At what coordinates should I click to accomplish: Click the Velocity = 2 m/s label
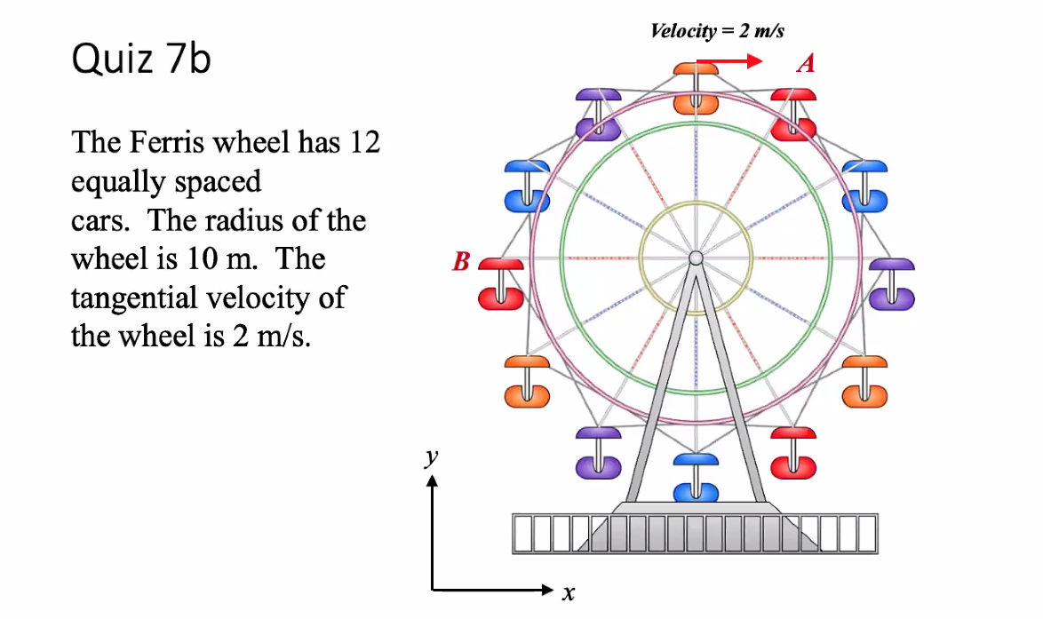pos(717,31)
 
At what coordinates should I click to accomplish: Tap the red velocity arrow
pos(729,62)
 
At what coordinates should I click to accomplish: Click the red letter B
pos(461,262)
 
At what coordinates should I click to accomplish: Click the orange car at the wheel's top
pos(696,89)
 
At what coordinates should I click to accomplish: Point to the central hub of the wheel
pos(696,258)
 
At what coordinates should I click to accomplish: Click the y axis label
pos(432,457)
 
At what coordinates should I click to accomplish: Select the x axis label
pos(569,592)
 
